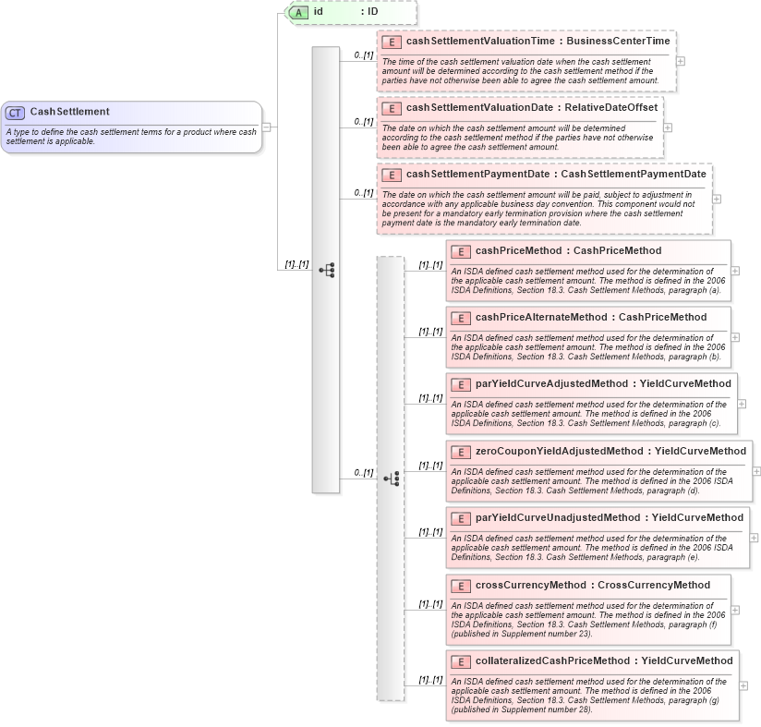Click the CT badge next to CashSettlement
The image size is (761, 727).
[15, 112]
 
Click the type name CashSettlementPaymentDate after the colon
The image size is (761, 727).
[634, 174]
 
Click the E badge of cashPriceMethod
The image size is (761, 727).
[460, 251]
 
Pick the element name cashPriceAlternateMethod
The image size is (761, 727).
[541, 317]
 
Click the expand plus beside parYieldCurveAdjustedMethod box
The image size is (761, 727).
[742, 404]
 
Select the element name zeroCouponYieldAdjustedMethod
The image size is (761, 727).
[558, 451]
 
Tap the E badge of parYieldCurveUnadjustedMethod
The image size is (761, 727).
[460, 518]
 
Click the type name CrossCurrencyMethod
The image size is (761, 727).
[654, 585]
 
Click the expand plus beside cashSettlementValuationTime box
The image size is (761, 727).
[681, 61]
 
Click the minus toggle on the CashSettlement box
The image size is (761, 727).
[266, 127]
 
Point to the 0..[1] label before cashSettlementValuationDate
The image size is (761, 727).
[363, 121]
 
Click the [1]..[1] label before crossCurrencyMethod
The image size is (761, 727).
[430, 604]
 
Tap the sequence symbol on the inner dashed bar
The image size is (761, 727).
[391, 479]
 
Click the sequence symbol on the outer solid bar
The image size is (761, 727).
[326, 270]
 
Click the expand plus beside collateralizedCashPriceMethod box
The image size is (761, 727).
[743, 685]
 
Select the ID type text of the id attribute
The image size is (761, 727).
[372, 12]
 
